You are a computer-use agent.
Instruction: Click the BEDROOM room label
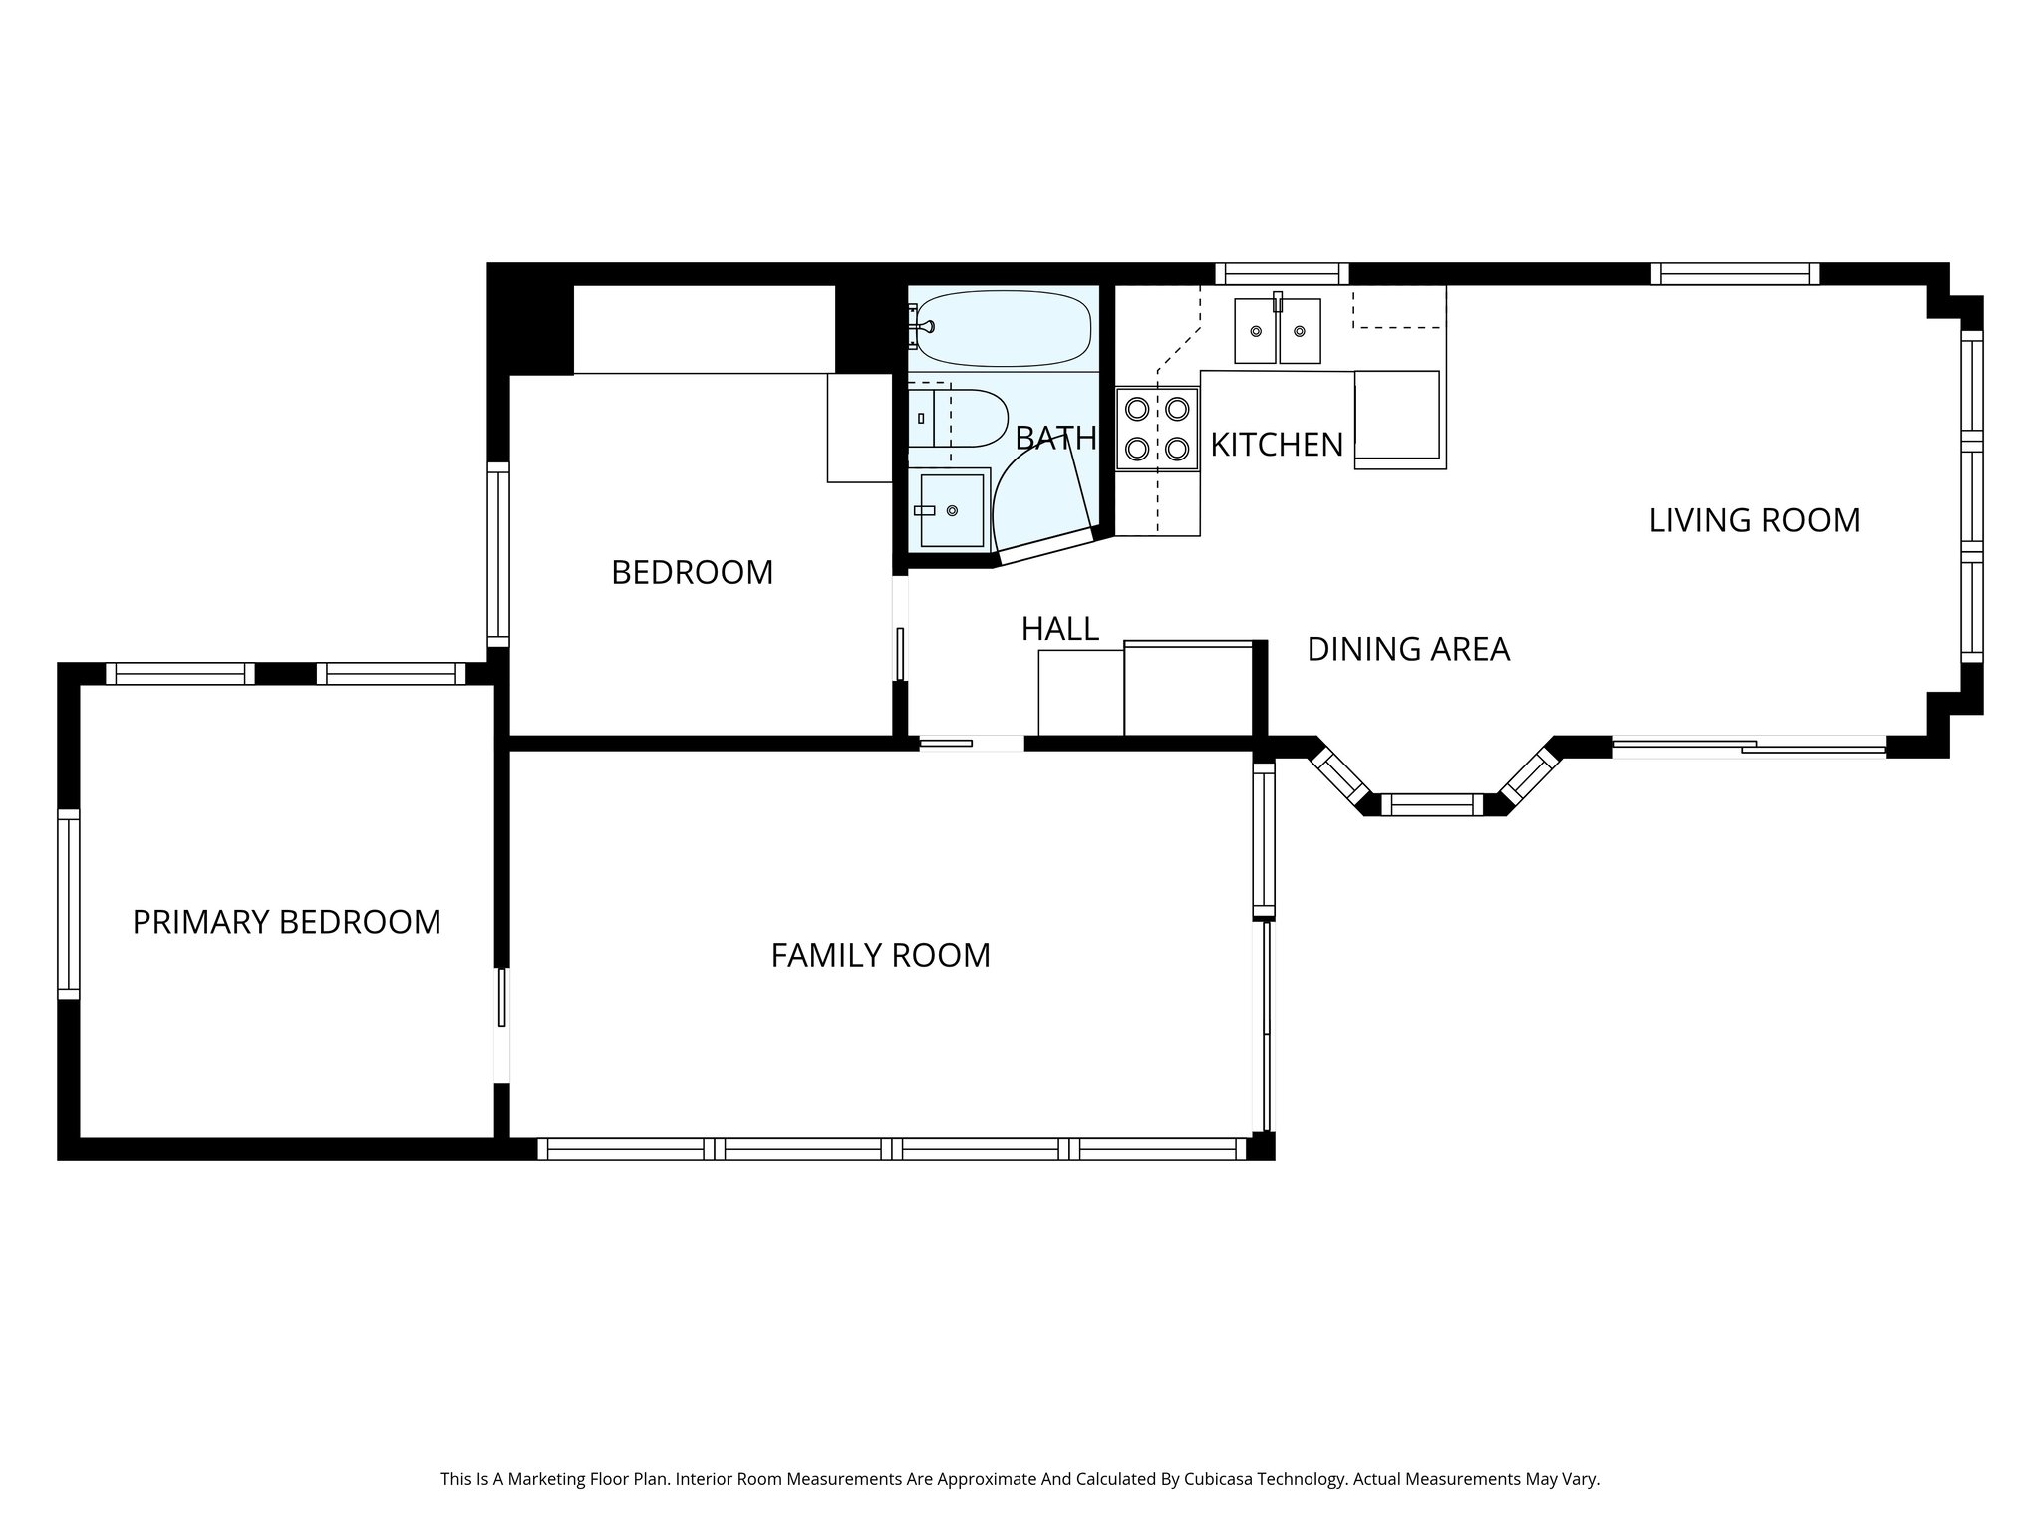coord(692,572)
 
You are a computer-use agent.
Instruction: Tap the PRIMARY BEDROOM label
coord(287,922)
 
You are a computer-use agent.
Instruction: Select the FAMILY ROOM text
coord(881,955)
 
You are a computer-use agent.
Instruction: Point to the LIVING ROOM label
coord(1754,520)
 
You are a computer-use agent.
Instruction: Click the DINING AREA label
coord(1408,649)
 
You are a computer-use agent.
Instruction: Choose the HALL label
coord(1060,628)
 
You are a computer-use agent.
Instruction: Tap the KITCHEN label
coord(1277,445)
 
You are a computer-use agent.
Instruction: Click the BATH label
coord(1055,438)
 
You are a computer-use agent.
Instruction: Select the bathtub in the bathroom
coord(1003,328)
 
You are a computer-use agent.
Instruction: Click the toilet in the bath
coord(958,418)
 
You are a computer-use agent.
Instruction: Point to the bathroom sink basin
coord(952,510)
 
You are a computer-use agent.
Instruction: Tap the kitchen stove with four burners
coord(1157,428)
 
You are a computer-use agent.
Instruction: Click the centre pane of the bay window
coord(1431,804)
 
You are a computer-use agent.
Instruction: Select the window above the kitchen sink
coord(1282,274)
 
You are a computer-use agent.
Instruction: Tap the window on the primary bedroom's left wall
coord(68,904)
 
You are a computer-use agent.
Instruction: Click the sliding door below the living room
coord(1749,747)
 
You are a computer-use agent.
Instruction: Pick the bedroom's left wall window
coord(498,554)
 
